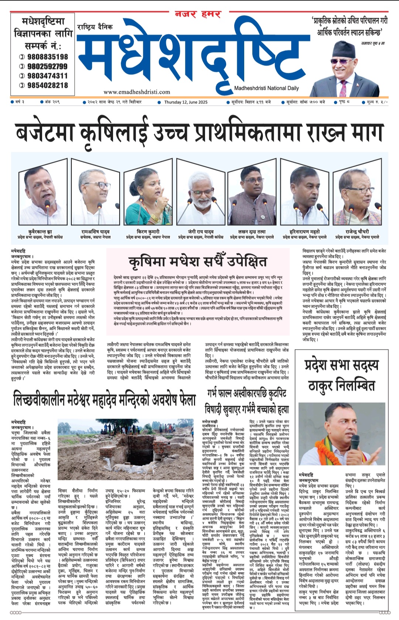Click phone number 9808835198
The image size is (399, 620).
[47, 57]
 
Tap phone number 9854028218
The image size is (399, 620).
[47, 85]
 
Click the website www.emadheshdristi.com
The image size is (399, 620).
[137, 92]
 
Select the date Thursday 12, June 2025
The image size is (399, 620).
[185, 102]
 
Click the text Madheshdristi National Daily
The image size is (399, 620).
[266, 88]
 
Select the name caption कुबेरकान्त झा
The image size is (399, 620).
[40, 232]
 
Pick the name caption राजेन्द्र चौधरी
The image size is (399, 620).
[357, 231]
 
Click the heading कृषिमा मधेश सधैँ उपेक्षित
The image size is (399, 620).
[198, 262]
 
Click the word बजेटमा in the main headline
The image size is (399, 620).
[50, 132]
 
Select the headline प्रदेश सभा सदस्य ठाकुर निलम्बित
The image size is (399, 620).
[341, 375]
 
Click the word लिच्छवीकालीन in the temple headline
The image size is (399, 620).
[39, 401]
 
